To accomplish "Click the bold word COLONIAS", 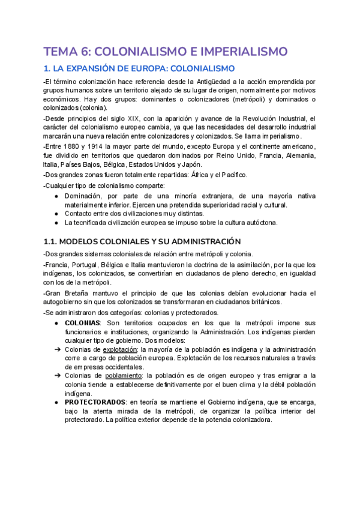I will [83, 323].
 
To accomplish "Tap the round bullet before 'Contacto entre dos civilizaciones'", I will [56, 213].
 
